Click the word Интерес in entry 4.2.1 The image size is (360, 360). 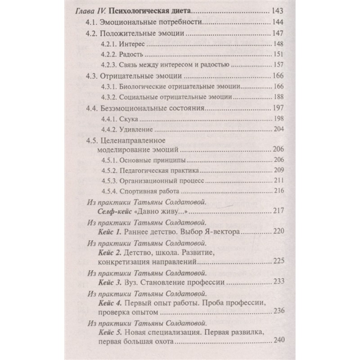coord(134,44)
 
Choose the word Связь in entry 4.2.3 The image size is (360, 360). coord(131,65)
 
